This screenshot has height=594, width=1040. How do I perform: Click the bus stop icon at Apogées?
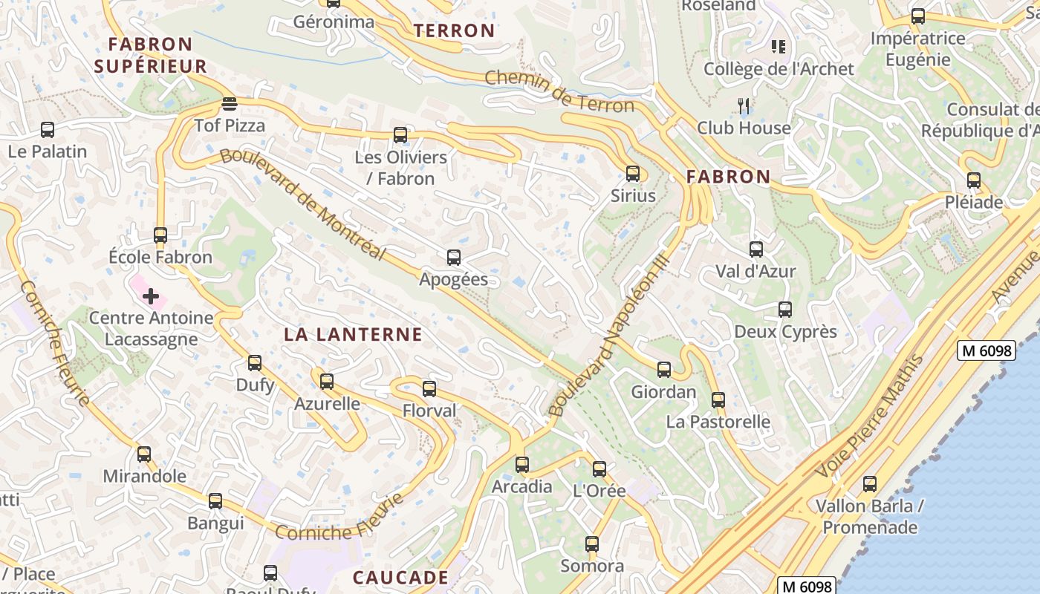[x=454, y=258]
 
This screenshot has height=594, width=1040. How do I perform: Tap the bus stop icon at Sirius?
[x=633, y=174]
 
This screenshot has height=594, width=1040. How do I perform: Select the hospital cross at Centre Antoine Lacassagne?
[x=151, y=296]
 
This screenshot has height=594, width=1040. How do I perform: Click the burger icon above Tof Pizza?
[x=229, y=104]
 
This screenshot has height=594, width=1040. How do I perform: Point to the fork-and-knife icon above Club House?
[x=744, y=106]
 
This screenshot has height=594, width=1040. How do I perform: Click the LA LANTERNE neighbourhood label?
[x=353, y=334]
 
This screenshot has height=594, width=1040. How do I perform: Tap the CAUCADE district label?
[x=400, y=577]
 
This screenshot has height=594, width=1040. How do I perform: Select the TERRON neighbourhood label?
[x=454, y=30]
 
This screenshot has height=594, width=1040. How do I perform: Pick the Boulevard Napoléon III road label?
[x=611, y=334]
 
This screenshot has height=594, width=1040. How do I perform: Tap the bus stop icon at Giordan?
[x=664, y=369]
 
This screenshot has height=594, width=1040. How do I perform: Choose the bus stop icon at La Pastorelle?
[x=718, y=400]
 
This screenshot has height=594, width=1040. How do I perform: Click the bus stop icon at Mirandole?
[x=144, y=454]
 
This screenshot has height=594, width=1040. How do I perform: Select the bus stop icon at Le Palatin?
[x=48, y=130]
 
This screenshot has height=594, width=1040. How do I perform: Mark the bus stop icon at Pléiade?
[x=974, y=180]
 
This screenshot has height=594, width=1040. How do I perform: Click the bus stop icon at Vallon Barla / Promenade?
[x=870, y=485]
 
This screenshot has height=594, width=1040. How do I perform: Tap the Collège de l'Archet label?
[x=779, y=69]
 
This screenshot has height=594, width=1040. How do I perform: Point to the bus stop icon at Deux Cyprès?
[x=785, y=310]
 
